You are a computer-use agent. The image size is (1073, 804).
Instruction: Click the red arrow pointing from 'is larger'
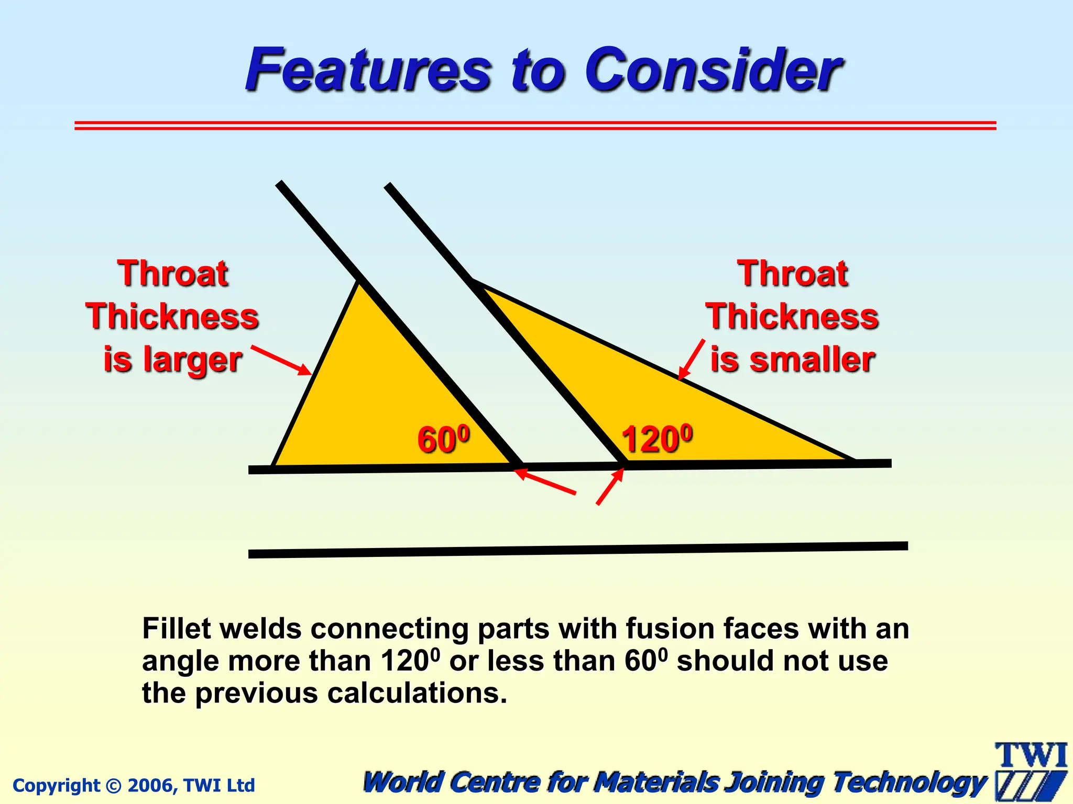281,360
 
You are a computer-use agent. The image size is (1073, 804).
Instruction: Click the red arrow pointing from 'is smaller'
692,359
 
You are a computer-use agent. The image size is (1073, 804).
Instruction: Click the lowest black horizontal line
576,550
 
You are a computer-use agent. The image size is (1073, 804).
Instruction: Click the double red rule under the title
534,126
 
